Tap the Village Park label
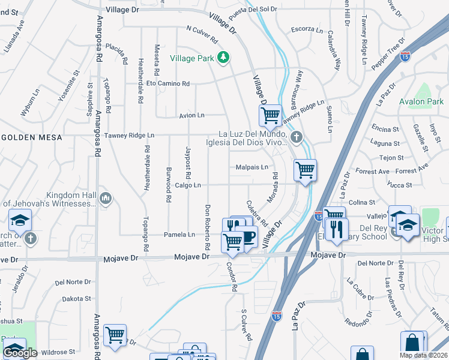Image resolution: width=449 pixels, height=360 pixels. coord(193,58)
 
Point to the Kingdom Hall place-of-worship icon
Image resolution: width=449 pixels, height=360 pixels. coord(106,197)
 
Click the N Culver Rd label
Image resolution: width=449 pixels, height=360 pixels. coord(202,33)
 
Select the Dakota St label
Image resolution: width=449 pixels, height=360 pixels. coord(76,298)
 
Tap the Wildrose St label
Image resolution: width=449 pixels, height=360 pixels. coord(58,352)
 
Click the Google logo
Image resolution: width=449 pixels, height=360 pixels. coord(20,353)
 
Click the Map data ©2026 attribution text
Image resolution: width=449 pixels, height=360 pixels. coord(423,355)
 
